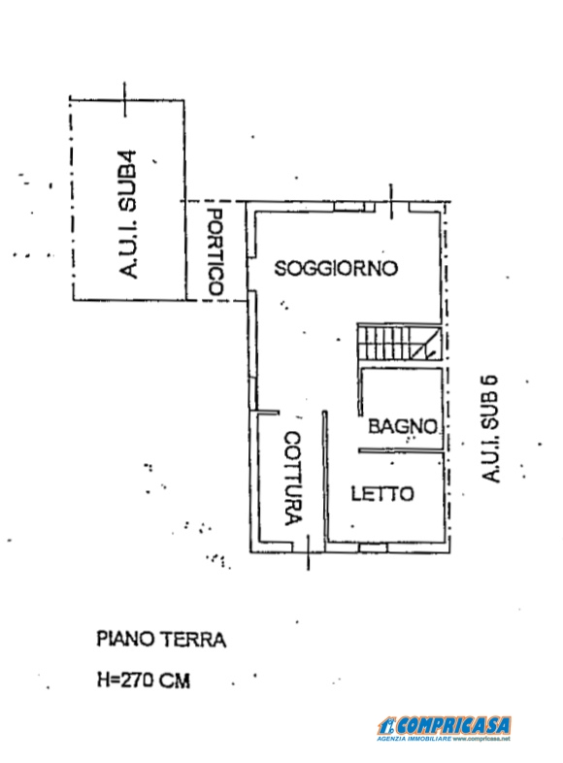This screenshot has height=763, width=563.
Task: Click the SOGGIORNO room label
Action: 336,268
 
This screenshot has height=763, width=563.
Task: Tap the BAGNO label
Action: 403,426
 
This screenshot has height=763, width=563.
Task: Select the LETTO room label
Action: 382,494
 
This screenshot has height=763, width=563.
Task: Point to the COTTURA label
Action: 293,479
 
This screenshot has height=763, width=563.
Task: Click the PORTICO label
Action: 215,252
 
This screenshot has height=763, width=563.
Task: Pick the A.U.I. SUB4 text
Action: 128,215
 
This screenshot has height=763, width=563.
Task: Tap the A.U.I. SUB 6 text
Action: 490,428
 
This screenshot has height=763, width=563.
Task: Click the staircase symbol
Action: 400,343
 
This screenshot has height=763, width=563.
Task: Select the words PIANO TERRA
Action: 161,640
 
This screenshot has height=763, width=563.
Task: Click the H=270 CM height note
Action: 144,680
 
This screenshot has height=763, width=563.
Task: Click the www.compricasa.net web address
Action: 481,739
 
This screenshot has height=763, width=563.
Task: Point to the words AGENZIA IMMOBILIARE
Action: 414,739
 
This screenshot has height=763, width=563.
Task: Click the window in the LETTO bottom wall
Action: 374,547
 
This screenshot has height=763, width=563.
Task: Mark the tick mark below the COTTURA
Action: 308,551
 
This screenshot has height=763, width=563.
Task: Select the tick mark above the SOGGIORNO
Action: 391,202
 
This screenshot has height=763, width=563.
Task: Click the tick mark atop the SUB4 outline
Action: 124,100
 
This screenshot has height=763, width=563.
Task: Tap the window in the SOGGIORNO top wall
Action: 349,207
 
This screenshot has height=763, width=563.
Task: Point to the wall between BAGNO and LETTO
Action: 401,450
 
